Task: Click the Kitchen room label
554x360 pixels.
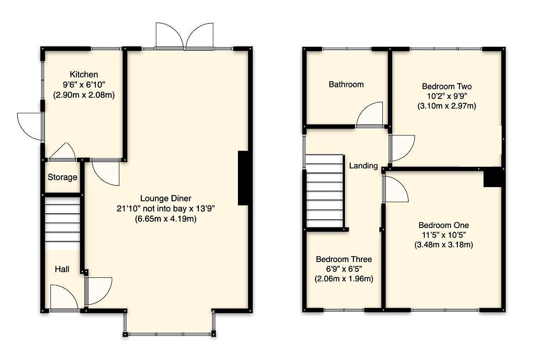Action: [x=84, y=75]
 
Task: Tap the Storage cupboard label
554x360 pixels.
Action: [x=63, y=177]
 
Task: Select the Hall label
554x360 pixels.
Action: [x=62, y=269]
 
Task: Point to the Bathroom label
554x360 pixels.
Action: [x=346, y=84]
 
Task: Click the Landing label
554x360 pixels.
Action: [x=363, y=166]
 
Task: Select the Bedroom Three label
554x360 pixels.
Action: [x=343, y=259]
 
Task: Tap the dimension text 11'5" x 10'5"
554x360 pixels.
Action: [x=443, y=235]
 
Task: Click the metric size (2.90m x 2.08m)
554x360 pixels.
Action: [x=84, y=95]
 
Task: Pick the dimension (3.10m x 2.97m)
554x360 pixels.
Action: [x=447, y=106]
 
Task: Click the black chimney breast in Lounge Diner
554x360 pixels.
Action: [x=243, y=178]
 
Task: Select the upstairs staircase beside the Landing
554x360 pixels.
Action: [x=325, y=190]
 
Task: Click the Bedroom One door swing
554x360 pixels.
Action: [x=395, y=190]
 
